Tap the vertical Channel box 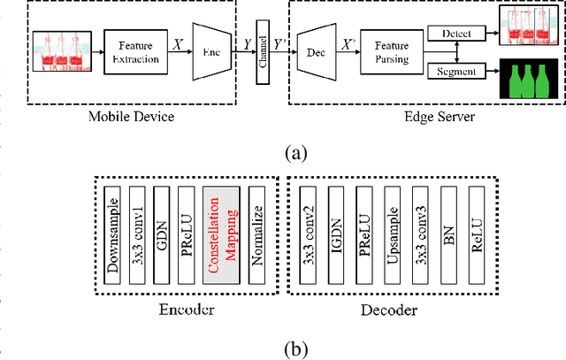pos(262,52)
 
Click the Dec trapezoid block pos(314,52)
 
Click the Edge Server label pos(428,117)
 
